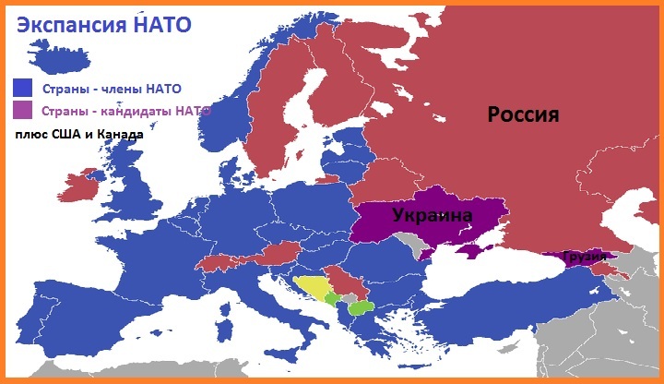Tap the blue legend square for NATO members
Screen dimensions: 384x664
click(x=22, y=89)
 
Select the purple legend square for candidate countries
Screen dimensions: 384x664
click(x=22, y=111)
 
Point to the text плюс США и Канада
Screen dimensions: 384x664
click(x=78, y=135)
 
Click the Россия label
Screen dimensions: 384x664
click(x=523, y=114)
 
